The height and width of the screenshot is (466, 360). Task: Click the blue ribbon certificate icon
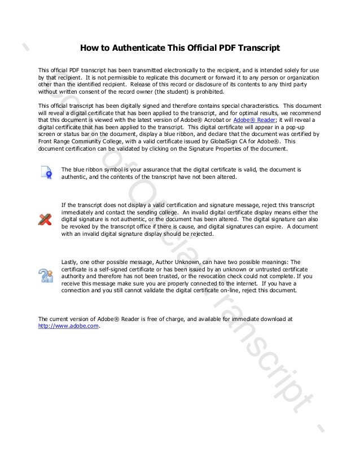click(x=46, y=173)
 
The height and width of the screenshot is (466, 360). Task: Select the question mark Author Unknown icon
click(x=46, y=275)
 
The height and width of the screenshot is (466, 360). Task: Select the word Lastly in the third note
click(x=70, y=262)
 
